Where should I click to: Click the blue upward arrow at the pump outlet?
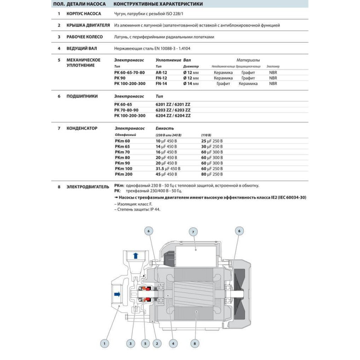135,256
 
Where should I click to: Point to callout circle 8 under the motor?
194,344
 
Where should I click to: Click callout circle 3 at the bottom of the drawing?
130,344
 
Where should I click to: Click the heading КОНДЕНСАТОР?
82,128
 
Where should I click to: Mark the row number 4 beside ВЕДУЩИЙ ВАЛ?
59,48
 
